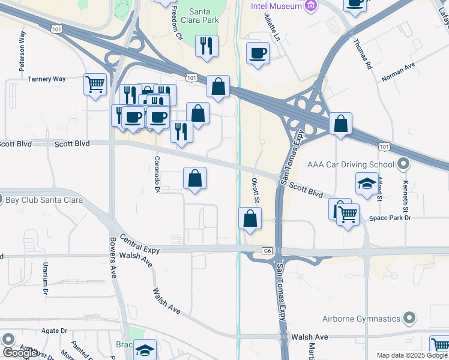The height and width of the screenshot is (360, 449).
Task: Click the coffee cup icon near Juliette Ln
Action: click(258, 53)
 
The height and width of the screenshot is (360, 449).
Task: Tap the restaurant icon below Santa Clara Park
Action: click(207, 46)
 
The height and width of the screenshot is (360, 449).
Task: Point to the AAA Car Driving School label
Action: click(351, 164)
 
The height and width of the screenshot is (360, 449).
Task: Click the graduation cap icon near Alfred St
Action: click(367, 184)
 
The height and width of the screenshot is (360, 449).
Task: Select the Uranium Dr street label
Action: click(44, 274)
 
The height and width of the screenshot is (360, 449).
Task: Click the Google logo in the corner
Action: click(20, 353)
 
